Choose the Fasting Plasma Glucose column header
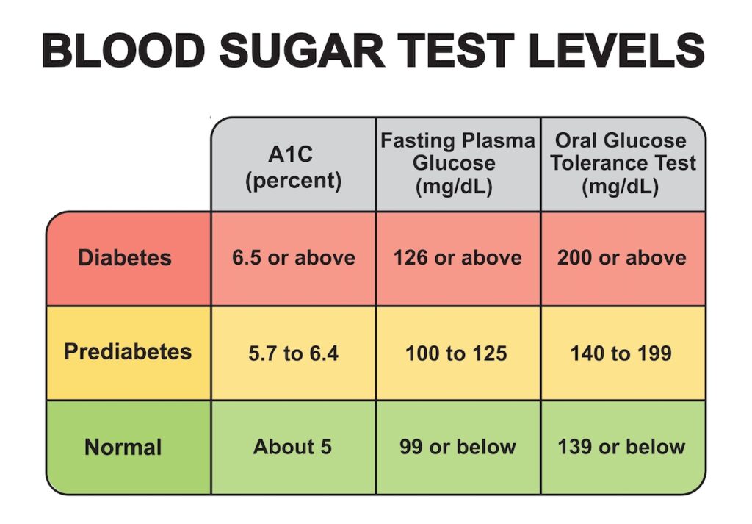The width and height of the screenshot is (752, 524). coord(457,163)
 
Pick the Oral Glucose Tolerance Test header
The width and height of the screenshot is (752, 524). coord(623,163)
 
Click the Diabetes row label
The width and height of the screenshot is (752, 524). coord(125,258)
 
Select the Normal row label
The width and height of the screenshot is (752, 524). coord(123,447)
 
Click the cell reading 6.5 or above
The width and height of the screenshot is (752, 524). coord(294,258)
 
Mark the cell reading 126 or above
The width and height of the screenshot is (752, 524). coord(457,258)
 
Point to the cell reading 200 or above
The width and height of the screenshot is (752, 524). coord(622,258)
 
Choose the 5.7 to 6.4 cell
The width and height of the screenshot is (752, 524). coord(294,353)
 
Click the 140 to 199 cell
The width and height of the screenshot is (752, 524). coord(621,353)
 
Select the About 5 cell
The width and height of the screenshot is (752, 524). coord(293,447)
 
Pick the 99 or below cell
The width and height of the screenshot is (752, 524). coord(458,447)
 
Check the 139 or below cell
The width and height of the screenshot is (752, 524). coord(621,447)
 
